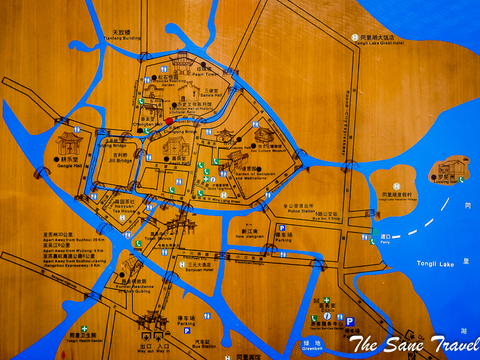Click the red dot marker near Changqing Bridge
[169, 121]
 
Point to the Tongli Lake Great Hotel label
[378, 43]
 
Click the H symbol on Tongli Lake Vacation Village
[396, 186]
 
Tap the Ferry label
[384, 241]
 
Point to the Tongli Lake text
[435, 263]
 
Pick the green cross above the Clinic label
[327, 300]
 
